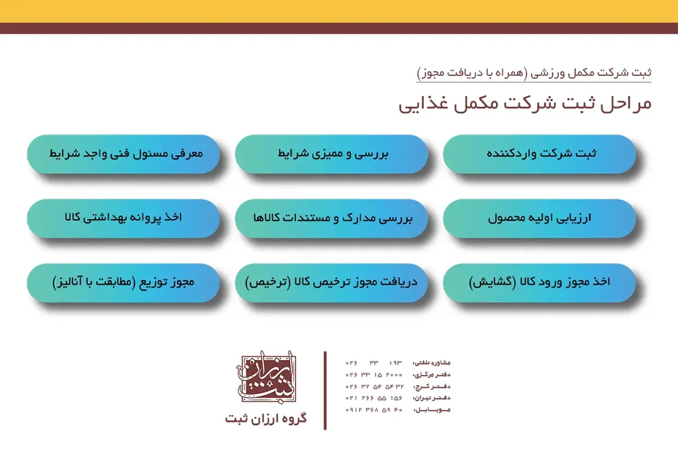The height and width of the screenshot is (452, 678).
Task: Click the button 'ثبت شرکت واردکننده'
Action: pyautogui.click(x=539, y=154)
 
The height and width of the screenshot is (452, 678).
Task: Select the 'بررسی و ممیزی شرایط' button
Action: pyautogui.click(x=331, y=154)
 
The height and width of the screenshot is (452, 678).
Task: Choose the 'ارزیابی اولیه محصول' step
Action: pyautogui.click(x=539, y=218)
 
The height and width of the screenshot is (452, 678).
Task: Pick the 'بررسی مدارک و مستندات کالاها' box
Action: pyautogui.click(x=331, y=218)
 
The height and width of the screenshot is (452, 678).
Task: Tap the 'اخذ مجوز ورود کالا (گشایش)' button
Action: pyautogui.click(x=539, y=283)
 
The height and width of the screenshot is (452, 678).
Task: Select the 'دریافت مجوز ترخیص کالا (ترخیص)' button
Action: pyautogui.click(x=331, y=283)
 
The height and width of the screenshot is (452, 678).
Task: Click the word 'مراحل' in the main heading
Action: pyautogui.click(x=626, y=105)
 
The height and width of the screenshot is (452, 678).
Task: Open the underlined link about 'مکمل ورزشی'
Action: pyautogui.click(x=534, y=72)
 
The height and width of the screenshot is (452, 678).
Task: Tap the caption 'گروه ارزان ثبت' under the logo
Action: pyautogui.click(x=266, y=419)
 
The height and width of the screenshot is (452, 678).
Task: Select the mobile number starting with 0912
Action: pyautogui.click(x=374, y=410)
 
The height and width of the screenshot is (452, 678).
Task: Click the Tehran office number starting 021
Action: pyautogui.click(x=374, y=398)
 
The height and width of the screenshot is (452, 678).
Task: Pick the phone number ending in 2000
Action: pyautogui.click(x=374, y=374)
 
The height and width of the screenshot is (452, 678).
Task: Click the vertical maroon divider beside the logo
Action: pyautogui.click(x=325, y=390)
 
